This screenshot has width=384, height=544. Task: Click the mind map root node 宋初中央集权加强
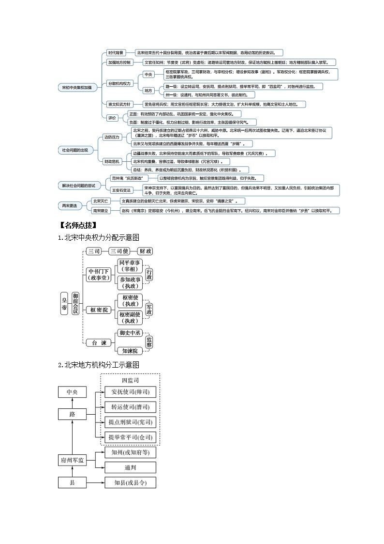point(77,87)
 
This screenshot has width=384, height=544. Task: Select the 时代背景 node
point(116,53)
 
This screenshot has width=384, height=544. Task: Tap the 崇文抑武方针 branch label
point(119,104)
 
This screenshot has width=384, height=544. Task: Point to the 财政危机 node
point(112,161)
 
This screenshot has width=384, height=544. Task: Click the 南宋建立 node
point(101,211)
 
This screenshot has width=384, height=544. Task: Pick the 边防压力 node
point(112,137)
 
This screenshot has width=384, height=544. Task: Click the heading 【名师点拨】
point(77,225)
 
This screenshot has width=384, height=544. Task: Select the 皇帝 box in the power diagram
point(64,304)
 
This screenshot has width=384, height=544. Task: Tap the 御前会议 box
point(75,304)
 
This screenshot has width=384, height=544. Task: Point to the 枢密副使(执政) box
point(130,318)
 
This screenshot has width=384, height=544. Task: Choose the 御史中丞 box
point(130,333)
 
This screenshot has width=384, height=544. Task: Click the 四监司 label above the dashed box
point(130,381)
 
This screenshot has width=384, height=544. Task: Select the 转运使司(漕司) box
point(130,407)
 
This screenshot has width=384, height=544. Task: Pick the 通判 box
point(130,467)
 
